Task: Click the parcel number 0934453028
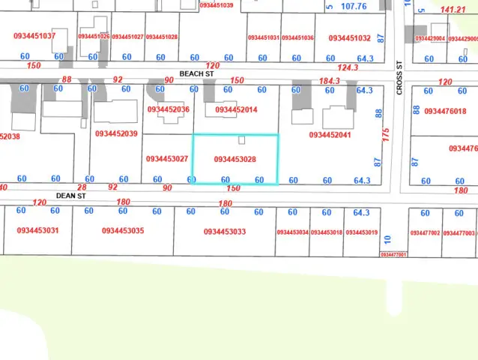(x=235, y=159)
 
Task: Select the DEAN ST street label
(x=71, y=194)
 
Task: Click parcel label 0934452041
(x=330, y=135)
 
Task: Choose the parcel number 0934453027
(x=167, y=159)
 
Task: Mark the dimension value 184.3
(x=330, y=80)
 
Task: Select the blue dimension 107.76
(x=354, y=7)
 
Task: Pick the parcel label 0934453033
(x=224, y=232)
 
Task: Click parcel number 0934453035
(x=123, y=231)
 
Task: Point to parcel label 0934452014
(x=236, y=109)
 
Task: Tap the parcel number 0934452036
(x=169, y=109)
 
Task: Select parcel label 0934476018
(x=445, y=111)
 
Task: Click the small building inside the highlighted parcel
(x=240, y=140)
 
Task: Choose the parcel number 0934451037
(x=35, y=36)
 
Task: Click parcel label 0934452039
(x=116, y=133)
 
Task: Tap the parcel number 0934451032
(x=350, y=37)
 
